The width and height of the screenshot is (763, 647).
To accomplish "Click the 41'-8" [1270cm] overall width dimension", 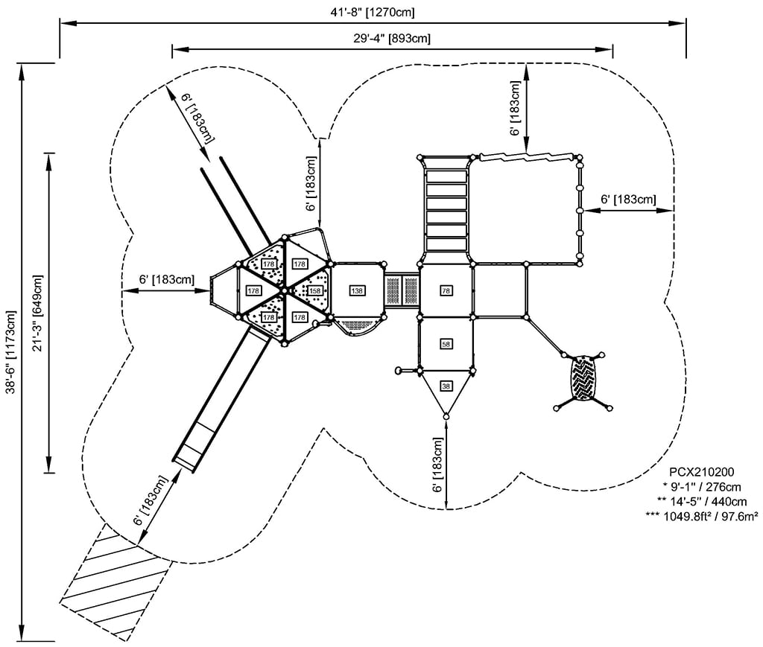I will pos(373,12).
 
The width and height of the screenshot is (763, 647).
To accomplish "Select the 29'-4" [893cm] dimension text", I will pos(392,38).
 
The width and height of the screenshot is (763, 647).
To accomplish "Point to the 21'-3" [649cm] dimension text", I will pos(38,313).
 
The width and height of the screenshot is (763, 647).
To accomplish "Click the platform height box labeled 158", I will pos(314,290).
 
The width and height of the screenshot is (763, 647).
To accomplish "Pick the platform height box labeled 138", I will pos(358,290).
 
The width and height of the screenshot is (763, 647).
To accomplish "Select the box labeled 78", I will pos(446,290).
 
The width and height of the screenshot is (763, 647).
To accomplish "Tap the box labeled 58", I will pos(446,344).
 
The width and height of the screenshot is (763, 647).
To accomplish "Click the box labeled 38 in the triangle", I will pos(446,386).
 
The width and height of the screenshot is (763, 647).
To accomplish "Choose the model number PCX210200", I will pos(702,471).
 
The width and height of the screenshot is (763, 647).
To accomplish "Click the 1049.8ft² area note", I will pos(702,516).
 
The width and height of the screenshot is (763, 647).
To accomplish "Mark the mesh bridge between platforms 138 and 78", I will pos(402,290).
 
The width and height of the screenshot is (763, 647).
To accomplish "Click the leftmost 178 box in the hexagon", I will pos(253,290).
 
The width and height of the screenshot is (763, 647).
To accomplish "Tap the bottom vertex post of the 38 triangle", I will pos(446,415).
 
